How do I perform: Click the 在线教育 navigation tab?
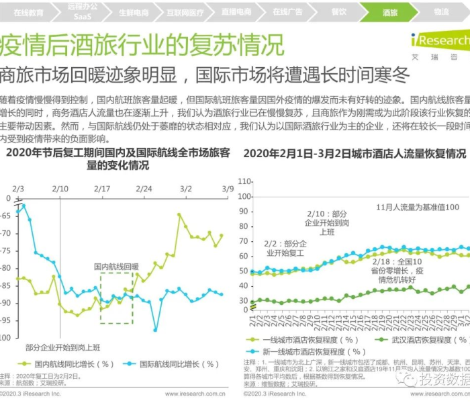tap(28, 12)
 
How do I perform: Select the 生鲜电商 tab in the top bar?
tap(134, 12)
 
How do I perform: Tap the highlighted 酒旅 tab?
tap(390, 12)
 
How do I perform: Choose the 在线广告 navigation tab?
tap(287, 12)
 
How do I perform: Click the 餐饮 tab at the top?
tap(339, 12)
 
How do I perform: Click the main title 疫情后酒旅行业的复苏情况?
tap(142, 45)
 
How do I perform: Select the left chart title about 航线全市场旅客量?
tap(117, 159)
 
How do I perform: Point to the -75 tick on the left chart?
tap(8, 251)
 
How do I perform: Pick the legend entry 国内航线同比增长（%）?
tap(65, 364)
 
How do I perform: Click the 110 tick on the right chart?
tap(244, 181)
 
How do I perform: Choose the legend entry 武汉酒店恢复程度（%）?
tap(410, 340)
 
